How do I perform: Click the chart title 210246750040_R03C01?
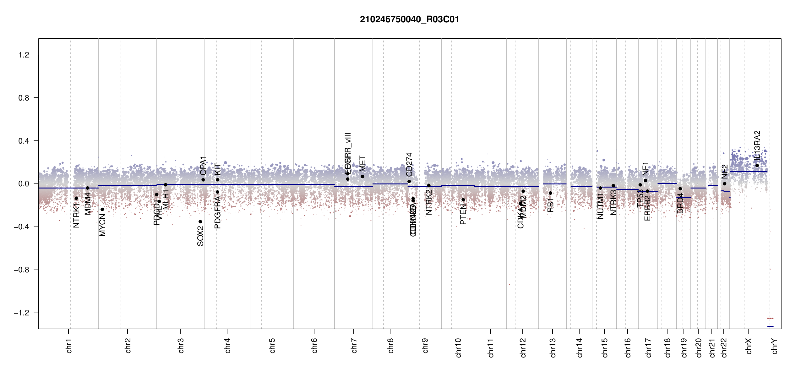pos(409,19)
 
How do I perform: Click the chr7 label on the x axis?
pos(354,346)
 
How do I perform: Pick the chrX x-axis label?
pos(749,346)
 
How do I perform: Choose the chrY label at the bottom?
pos(775,346)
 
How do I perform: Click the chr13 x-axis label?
pos(553,347)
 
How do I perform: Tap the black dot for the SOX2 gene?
pos(200,222)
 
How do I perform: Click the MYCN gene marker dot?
pos(102,209)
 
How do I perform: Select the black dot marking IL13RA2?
pos(757,166)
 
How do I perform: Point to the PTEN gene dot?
pos(463,200)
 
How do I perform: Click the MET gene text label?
pos(362,164)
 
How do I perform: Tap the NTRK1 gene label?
pos(76,215)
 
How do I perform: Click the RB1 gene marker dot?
pos(550,193)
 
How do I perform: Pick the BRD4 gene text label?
pos(680,203)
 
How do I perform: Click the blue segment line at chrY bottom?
pos(770,326)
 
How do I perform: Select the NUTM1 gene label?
pos(600,206)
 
